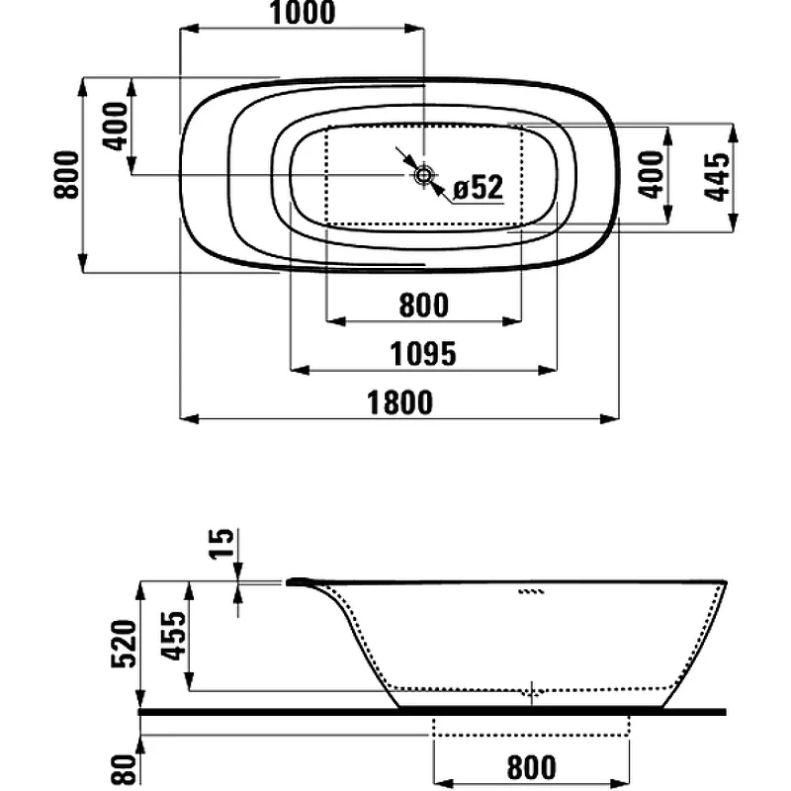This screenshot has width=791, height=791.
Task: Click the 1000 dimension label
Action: coord(303,13)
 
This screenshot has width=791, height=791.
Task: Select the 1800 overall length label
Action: coord(399,402)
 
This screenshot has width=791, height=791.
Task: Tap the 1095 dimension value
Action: coord(423,354)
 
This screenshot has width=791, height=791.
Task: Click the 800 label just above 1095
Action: coord(424,306)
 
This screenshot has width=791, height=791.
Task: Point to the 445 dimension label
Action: coord(717,177)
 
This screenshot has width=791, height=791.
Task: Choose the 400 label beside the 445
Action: coord(652,175)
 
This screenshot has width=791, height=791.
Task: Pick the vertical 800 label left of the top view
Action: coord(66,175)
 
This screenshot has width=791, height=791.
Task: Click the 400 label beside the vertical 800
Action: coord(116,127)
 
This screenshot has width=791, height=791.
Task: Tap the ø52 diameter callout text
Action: coord(479,187)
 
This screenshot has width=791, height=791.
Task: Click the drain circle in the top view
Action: coord(423,175)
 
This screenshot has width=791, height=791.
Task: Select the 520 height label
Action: coord(125,645)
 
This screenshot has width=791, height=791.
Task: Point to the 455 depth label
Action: coord(173,636)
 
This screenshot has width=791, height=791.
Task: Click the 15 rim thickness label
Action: coord(221,543)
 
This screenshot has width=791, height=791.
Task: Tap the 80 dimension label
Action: coord(125,770)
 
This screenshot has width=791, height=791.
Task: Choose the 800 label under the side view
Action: coord(532,767)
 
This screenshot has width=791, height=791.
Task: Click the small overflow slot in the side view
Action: coord(532,591)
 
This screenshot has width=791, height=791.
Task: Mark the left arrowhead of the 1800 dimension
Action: coord(189,418)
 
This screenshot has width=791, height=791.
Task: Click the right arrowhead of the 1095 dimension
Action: coord(548,370)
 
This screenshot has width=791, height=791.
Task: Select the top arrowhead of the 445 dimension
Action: coord(734,132)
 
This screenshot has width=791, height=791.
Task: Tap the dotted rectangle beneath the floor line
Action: coord(531,736)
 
